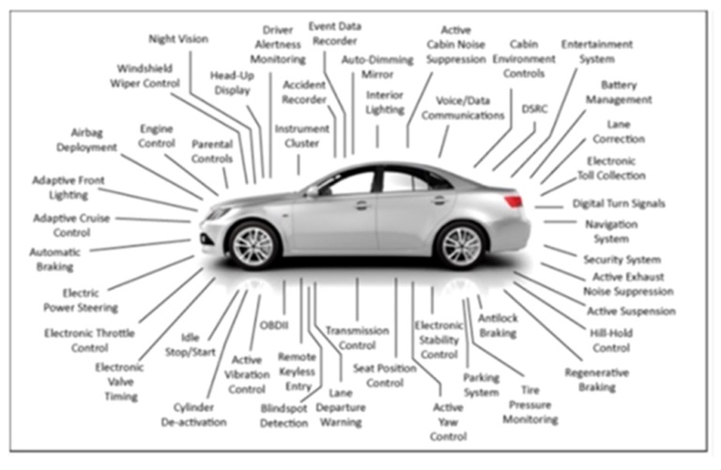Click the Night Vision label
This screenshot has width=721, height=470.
(x=178, y=39)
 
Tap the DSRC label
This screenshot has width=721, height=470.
(x=535, y=110)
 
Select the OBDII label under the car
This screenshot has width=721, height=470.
(x=274, y=326)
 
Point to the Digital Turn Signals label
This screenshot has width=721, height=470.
(x=619, y=204)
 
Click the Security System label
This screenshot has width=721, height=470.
(x=622, y=260)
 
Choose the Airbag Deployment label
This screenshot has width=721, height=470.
(x=87, y=140)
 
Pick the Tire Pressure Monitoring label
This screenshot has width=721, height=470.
(x=530, y=404)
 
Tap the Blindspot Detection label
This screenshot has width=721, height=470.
(x=284, y=416)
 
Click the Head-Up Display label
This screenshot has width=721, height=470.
(x=232, y=83)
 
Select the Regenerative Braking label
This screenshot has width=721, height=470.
(x=597, y=380)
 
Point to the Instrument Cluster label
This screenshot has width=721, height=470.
(x=301, y=136)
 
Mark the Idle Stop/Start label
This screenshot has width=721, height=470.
(x=191, y=345)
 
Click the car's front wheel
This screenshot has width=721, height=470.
(x=253, y=246)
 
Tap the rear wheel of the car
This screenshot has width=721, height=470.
(x=461, y=246)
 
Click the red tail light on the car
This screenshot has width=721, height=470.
(x=514, y=201)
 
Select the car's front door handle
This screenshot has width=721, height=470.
(x=361, y=205)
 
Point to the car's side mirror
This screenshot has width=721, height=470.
(x=313, y=191)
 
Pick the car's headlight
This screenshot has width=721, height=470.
(x=218, y=213)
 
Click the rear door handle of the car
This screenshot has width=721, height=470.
(x=439, y=200)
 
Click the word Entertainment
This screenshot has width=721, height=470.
(x=597, y=45)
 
